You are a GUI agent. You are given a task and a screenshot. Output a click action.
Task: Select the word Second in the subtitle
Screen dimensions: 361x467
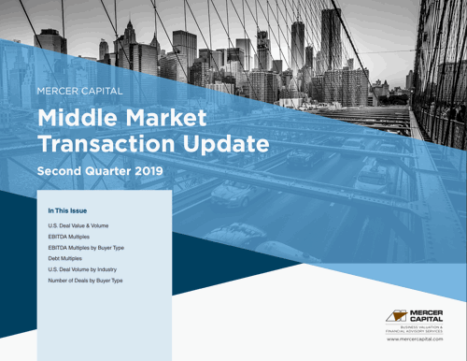[x=62, y=172]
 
